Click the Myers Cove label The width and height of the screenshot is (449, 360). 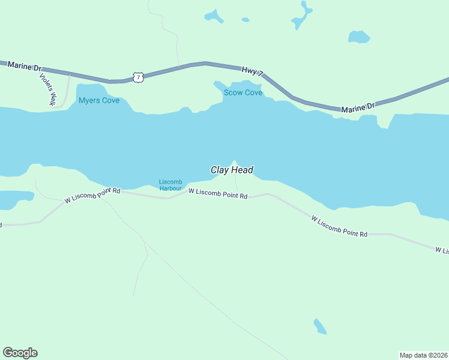[99, 100]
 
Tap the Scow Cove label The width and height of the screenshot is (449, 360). [243, 92]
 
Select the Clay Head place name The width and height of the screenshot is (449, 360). [232, 170]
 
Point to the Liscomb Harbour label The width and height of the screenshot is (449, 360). [170, 185]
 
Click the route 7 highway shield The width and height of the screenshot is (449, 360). [139, 77]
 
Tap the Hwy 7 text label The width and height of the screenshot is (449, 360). [253, 71]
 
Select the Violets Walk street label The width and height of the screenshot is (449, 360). [47, 89]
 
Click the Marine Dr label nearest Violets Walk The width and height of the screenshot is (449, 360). [22, 65]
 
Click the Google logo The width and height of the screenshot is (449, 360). [20, 353]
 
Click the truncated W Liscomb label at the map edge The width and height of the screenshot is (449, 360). [441, 250]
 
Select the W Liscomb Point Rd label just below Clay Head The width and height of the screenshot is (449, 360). [218, 194]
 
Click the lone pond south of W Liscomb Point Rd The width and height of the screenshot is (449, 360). [320, 326]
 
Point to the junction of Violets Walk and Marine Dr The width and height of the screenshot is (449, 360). [69, 74]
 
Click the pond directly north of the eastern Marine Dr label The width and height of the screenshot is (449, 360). [359, 37]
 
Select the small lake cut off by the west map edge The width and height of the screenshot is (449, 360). [13, 199]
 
